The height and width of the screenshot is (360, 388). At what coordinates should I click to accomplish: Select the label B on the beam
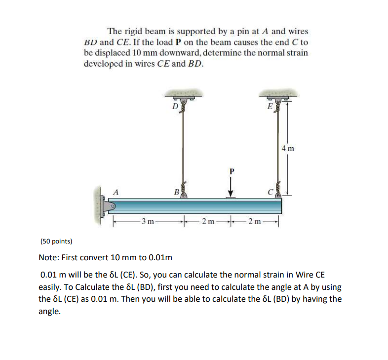(x=176, y=192)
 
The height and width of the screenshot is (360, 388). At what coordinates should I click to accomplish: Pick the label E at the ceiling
(x=270, y=106)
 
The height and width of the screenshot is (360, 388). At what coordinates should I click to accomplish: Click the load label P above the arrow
(x=230, y=171)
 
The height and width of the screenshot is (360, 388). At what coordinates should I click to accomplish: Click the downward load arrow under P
(x=230, y=188)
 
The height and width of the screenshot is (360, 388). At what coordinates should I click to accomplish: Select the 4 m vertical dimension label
(x=288, y=148)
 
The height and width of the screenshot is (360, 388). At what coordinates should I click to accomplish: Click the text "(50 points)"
(x=55, y=241)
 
